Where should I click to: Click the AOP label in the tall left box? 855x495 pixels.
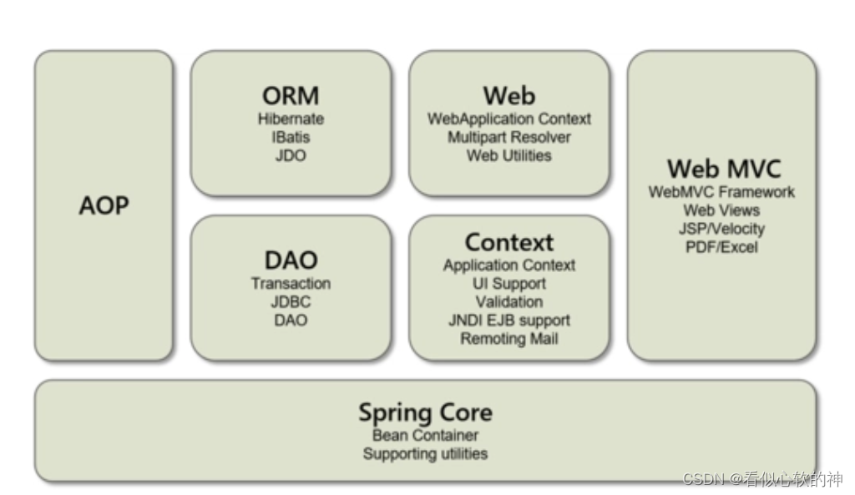click(104, 205)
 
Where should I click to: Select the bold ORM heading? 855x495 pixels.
click(291, 95)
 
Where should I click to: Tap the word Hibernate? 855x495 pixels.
click(291, 119)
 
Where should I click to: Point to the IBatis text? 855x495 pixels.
click(291, 137)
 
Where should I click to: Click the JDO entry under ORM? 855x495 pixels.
click(291, 155)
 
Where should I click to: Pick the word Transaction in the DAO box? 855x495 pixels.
click(291, 284)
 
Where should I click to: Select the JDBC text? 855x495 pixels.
click(291, 302)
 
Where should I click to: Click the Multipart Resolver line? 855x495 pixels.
click(508, 137)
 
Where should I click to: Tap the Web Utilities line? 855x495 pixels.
click(508, 155)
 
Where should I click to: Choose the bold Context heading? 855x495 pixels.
click(508, 243)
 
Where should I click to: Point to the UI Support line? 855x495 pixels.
click(508, 284)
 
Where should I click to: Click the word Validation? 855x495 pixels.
click(508, 302)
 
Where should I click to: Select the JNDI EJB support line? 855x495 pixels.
click(508, 321)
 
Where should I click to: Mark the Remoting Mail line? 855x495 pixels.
click(508, 339)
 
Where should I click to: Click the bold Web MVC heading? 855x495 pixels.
click(723, 169)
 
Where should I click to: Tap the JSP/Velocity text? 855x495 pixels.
click(721, 229)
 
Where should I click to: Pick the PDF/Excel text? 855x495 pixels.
click(721, 247)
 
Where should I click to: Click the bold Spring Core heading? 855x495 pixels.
click(425, 412)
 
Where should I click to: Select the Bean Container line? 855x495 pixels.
click(425, 436)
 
